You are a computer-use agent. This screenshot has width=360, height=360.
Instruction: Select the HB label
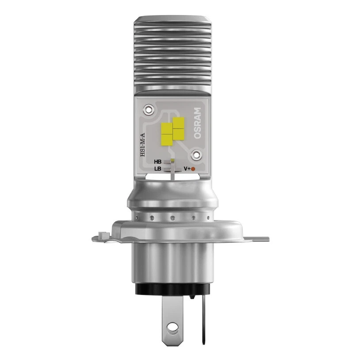[157, 162]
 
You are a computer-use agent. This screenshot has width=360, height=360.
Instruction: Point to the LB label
[157, 169]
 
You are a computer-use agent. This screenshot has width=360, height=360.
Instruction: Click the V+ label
[187, 169]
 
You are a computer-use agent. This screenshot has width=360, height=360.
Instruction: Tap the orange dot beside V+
[193, 169]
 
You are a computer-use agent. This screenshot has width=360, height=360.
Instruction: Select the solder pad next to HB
[167, 162]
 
